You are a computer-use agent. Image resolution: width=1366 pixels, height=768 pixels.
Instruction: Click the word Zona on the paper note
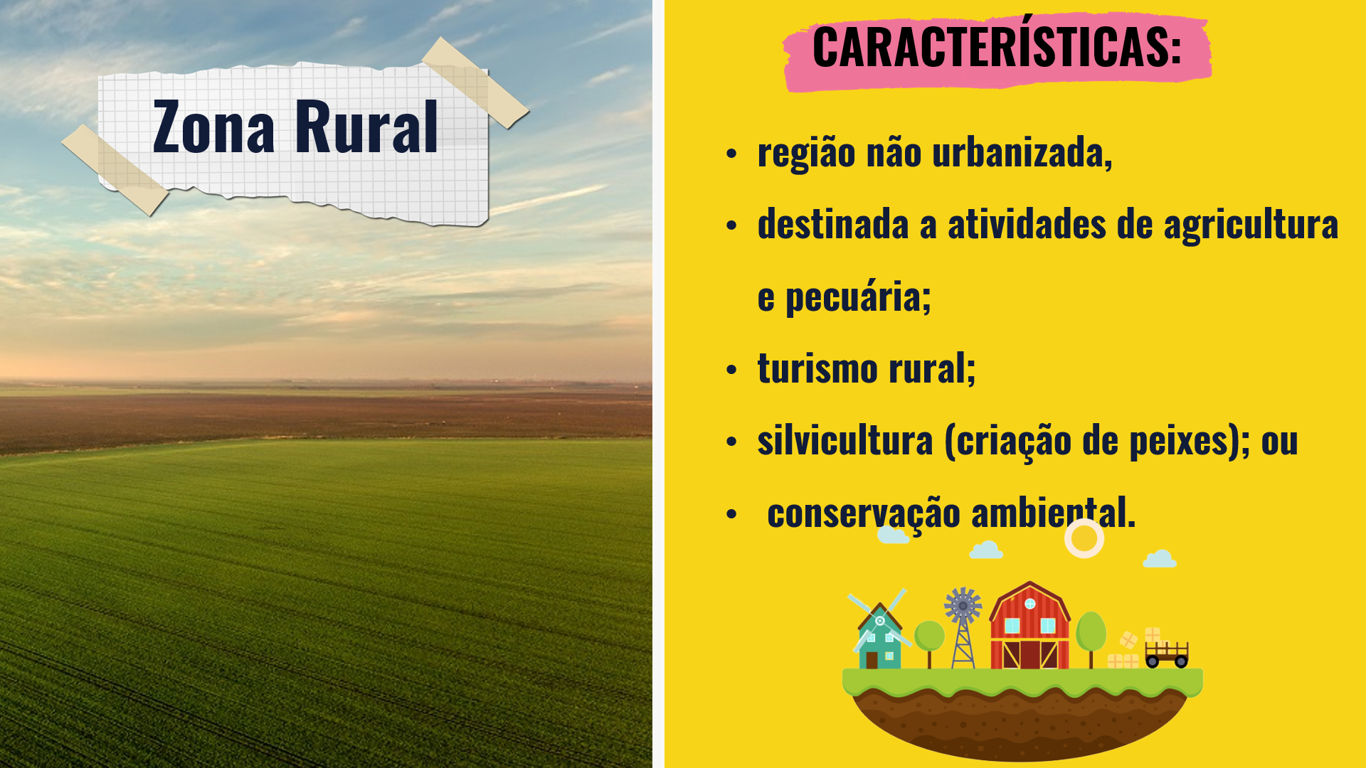tap(213, 127)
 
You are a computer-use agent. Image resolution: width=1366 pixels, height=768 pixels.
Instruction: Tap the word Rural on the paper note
tap(366, 127)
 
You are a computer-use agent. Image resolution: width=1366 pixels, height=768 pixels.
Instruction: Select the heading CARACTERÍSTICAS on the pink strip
tap(997, 46)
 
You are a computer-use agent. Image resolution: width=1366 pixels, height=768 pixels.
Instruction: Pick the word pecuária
tap(858, 297)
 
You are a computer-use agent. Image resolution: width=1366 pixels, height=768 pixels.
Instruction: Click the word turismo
tap(817, 368)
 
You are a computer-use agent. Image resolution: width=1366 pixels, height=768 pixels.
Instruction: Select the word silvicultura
tap(845, 440)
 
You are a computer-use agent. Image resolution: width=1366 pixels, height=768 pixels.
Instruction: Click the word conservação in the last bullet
tap(864, 513)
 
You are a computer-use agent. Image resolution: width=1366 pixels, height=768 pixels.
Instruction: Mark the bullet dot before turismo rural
tap(731, 370)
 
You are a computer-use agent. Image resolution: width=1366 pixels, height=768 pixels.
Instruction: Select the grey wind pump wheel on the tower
tap(963, 606)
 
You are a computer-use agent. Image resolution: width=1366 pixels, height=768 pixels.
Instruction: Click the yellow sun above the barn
tap(1084, 538)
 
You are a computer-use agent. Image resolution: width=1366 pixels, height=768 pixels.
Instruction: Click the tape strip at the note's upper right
tap(475, 82)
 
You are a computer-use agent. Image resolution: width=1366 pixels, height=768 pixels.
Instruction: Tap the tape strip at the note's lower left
tap(115, 170)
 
